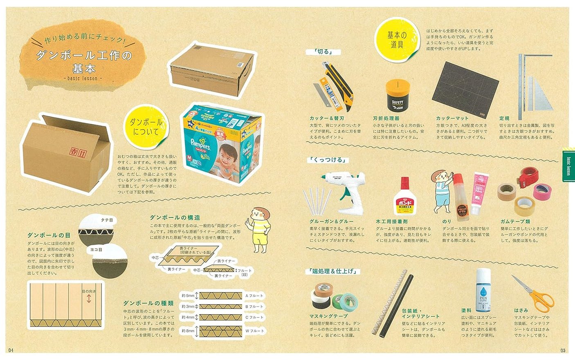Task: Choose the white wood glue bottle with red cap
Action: coord(404,198)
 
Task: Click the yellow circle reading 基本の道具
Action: coord(397,40)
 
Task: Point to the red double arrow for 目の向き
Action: coord(88,300)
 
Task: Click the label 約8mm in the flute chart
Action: coord(188,331)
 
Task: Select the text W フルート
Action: coord(255,331)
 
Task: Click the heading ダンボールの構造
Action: coord(175,217)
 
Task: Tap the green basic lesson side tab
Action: coord(568,164)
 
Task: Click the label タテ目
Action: coord(106,220)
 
